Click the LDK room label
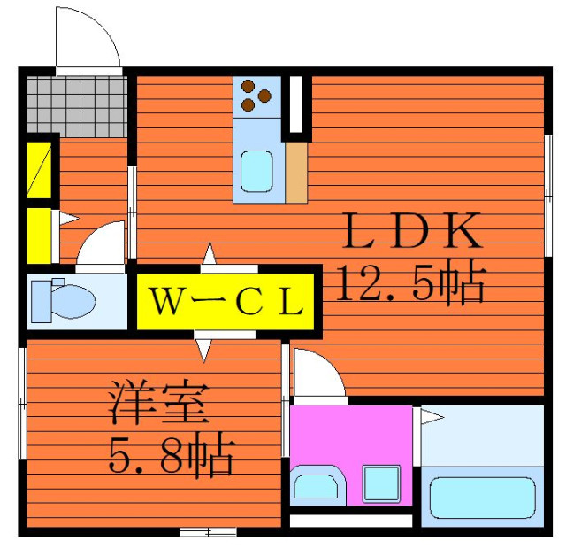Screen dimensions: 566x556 (x=413, y=230)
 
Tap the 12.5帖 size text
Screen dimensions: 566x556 (x=411, y=282)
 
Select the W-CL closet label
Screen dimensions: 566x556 (x=226, y=302)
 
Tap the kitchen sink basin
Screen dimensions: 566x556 (x=256, y=171)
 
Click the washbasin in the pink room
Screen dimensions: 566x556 (x=317, y=487)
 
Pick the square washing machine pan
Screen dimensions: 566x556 (x=382, y=484)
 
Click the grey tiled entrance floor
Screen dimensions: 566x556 (x=77, y=107)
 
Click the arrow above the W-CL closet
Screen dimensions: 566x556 (x=210, y=253)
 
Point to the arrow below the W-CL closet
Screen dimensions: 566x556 (x=203, y=351)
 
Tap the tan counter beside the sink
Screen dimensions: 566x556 (x=296, y=173)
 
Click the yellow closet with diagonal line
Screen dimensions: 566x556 (x=39, y=170)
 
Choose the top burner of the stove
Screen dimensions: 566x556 (x=249, y=86)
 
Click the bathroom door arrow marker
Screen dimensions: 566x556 (x=432, y=417)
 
